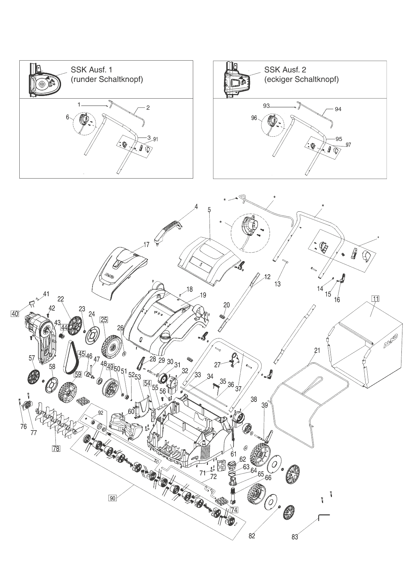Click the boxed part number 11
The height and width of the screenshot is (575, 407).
click(375, 298)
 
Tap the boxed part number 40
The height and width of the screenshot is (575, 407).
click(15, 314)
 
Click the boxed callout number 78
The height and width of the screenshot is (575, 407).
click(56, 449)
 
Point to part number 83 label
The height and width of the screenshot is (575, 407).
click(295, 537)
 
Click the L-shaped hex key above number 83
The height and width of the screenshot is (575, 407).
click(323, 517)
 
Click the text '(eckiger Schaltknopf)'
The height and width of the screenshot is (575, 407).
click(301, 80)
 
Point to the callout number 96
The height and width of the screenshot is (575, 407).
click(254, 118)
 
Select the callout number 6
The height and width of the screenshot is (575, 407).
click(68, 117)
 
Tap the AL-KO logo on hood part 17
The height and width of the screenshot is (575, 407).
click(109, 275)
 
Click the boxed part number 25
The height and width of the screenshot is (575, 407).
click(104, 320)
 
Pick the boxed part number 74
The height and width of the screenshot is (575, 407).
click(234, 510)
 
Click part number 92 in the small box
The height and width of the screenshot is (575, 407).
click(100, 413)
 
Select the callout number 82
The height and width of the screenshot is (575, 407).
click(252, 536)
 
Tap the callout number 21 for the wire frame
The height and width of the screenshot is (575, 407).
click(317, 351)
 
